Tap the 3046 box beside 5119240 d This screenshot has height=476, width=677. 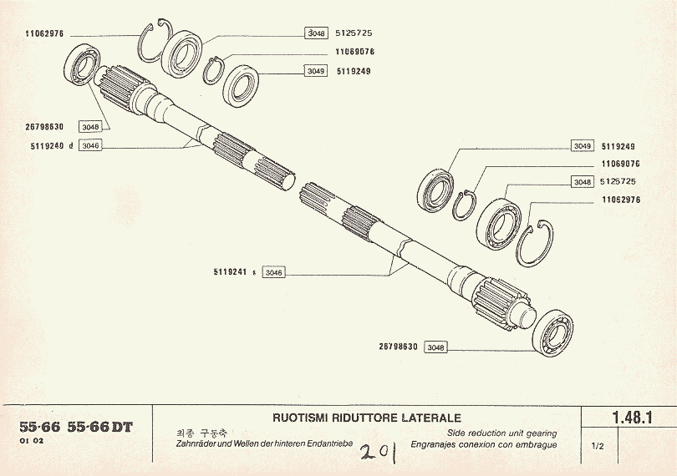point(91,145)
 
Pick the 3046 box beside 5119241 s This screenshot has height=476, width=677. point(273,272)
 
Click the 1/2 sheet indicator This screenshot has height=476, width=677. point(597,447)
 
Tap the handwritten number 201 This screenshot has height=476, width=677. point(377,453)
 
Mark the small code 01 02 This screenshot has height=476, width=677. point(32,442)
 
